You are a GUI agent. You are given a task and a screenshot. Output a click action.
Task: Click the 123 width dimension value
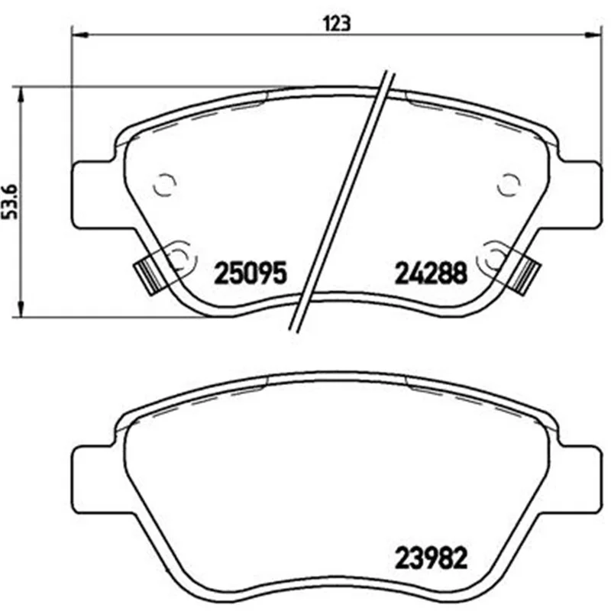click(337, 24)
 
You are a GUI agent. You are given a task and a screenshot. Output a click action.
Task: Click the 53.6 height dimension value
click(11, 202)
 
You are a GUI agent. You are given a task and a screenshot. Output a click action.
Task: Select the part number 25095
click(251, 273)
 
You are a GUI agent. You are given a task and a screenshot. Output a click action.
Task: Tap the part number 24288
click(431, 273)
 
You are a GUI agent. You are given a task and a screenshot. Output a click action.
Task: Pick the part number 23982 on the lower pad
click(431, 558)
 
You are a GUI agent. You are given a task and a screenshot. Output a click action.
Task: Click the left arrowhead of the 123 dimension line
click(81, 35)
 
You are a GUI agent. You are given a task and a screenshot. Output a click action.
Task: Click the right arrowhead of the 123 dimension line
click(593, 35)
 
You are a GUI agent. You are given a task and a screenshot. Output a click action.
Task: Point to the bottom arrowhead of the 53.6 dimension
click(21, 309)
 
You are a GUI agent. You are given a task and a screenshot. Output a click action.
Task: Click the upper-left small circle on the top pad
click(165, 184)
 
